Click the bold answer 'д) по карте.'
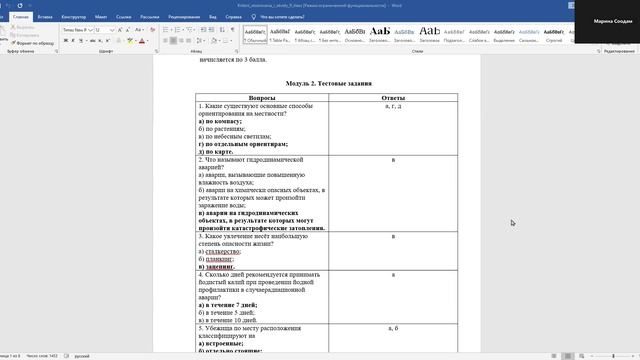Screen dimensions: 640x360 pos(223,152)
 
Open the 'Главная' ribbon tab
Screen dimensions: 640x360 pos(20,17)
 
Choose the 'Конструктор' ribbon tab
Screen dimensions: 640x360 pos(76,17)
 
